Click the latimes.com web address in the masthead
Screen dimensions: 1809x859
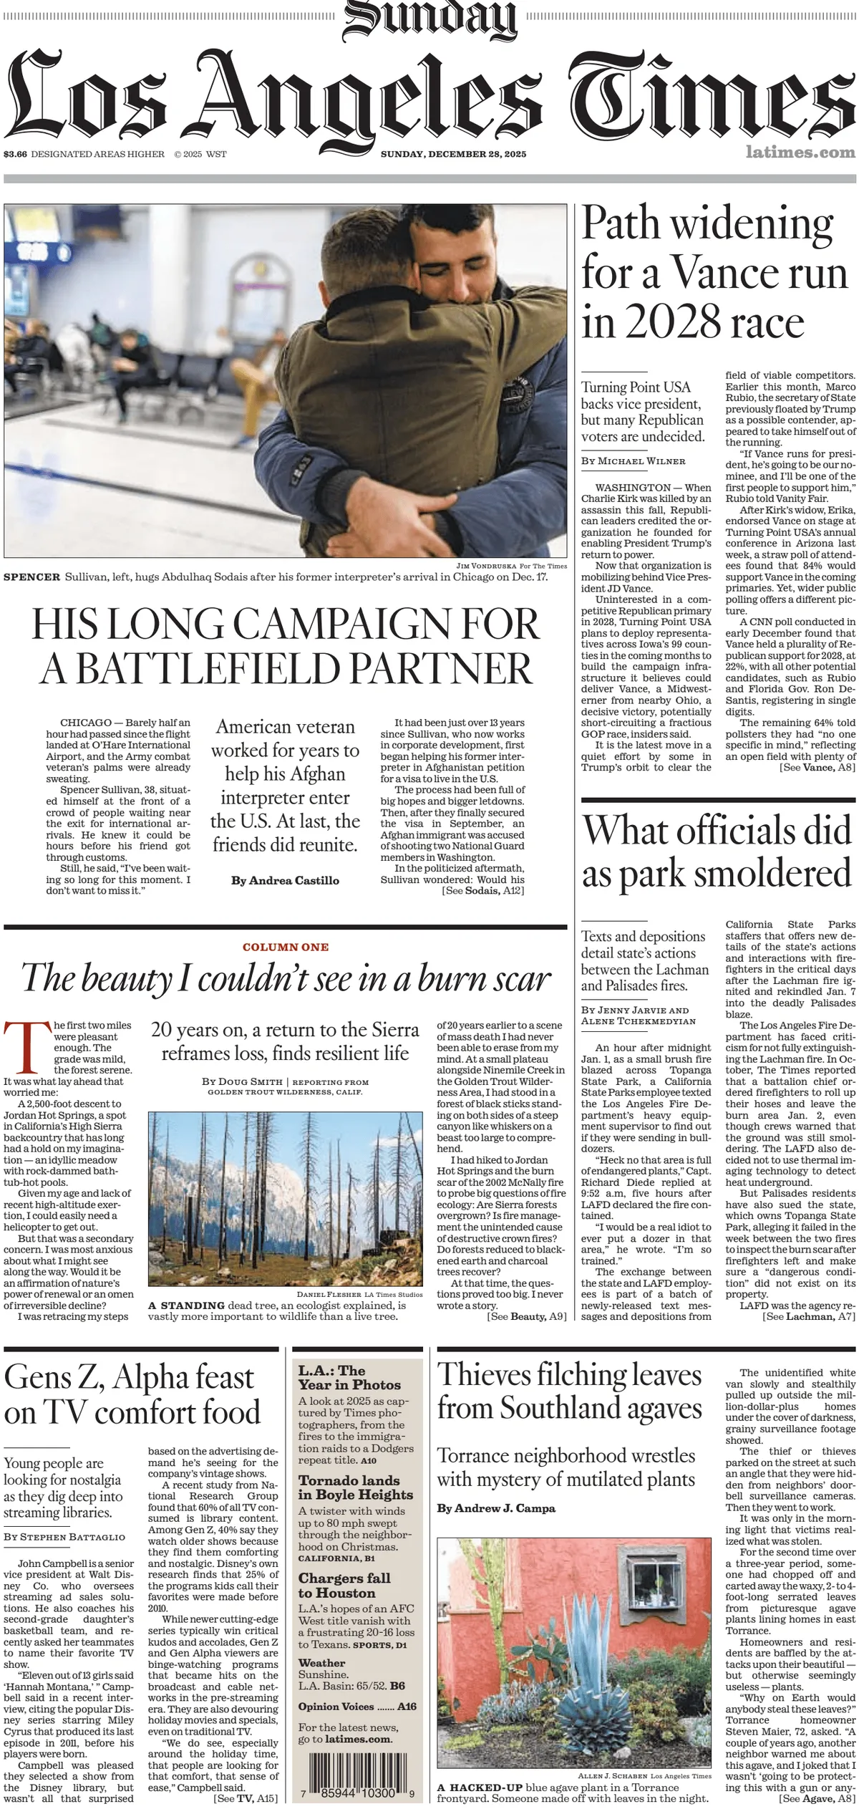(x=800, y=153)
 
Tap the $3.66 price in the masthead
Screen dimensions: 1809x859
(x=15, y=154)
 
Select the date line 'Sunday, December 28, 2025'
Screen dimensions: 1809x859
(x=453, y=154)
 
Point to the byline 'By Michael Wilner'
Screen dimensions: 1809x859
(x=634, y=461)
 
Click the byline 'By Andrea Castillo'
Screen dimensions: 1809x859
(x=285, y=880)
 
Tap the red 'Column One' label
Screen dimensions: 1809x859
(x=286, y=947)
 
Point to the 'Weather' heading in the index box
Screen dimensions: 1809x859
(x=321, y=1662)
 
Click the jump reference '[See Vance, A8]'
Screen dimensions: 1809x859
(x=817, y=767)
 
